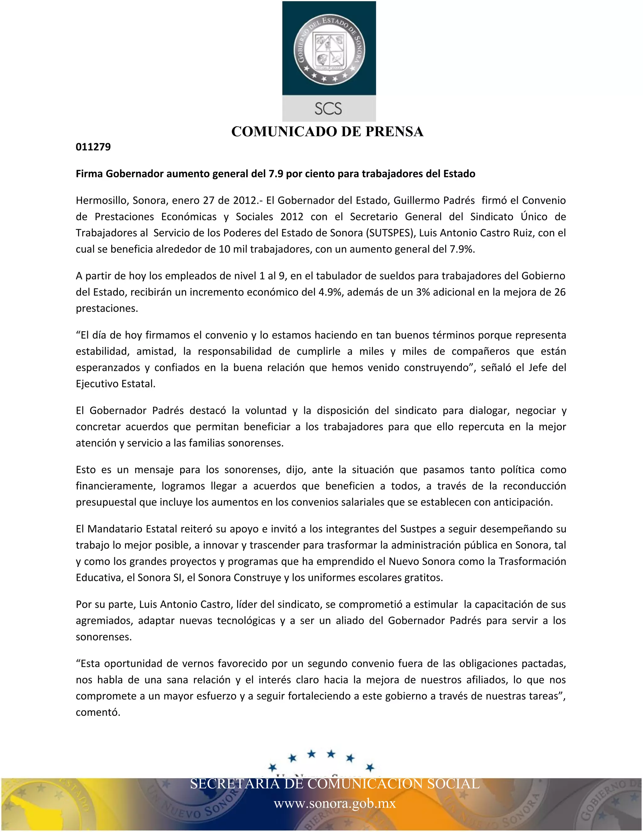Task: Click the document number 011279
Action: point(93,147)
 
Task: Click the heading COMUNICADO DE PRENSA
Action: point(327,132)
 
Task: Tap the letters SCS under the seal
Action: point(328,109)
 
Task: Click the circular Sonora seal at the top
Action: point(329,48)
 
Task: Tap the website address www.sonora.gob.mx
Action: point(334,804)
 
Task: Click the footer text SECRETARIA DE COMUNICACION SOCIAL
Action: point(334,784)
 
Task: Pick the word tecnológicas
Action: point(246,621)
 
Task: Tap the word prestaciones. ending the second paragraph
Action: point(107,308)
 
